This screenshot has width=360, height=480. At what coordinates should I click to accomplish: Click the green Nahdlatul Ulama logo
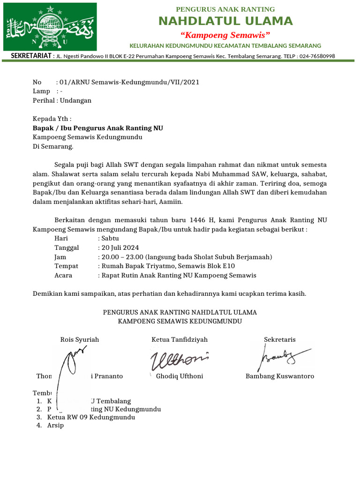(x=50, y=27)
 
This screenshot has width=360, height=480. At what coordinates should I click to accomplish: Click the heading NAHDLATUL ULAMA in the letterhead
(x=225, y=21)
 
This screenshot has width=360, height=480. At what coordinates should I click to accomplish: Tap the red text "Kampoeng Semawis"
(x=225, y=35)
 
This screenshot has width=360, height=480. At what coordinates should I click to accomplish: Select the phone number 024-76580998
(x=314, y=56)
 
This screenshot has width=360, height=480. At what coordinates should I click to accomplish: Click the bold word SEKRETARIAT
(x=31, y=56)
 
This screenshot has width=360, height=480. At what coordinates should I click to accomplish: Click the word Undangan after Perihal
(x=76, y=100)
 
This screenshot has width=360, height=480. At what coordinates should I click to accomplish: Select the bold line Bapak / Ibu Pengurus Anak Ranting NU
(x=97, y=128)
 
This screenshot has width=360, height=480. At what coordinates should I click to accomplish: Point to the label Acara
(x=63, y=275)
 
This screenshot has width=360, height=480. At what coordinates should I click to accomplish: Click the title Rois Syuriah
(x=80, y=339)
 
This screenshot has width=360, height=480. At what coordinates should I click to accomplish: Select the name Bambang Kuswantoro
(x=280, y=376)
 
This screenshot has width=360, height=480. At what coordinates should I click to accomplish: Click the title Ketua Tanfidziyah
(x=180, y=339)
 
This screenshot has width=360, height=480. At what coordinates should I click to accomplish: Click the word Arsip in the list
(x=55, y=426)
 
